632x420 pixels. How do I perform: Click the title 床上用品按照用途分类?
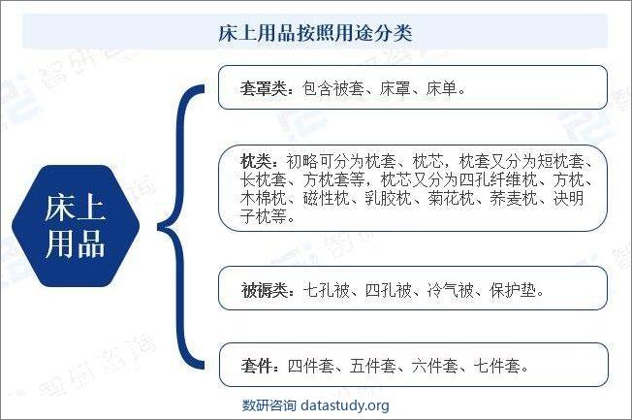[315, 33]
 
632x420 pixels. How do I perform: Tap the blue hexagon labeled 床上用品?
[76, 226]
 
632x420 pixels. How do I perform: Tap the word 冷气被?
[451, 290]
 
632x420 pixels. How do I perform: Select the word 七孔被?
[326, 290]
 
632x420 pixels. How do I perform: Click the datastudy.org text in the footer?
[345, 405]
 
